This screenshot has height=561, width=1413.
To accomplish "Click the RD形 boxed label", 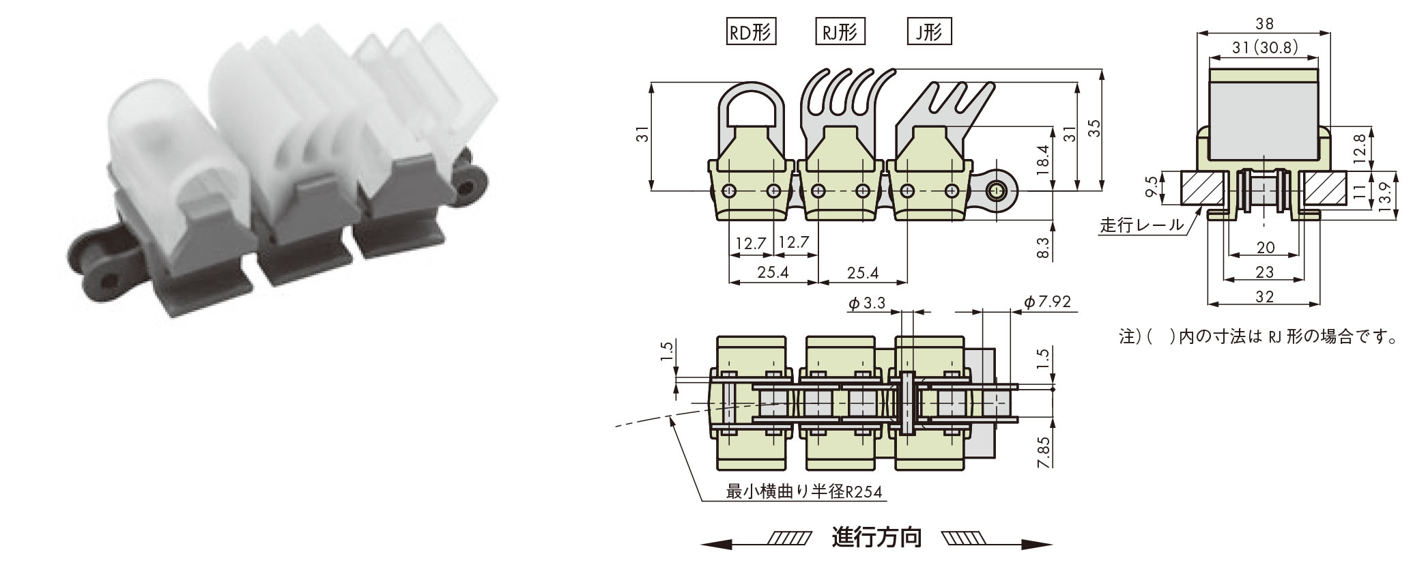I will coord(752,32).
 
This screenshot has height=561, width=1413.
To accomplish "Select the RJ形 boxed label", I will coord(840,32).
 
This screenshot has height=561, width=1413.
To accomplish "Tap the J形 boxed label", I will coord(929,32).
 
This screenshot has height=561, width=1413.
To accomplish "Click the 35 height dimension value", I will coord(1094,129).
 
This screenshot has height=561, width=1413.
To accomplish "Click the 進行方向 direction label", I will coord(876,538).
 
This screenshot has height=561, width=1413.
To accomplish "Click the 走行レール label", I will coord(1141,226).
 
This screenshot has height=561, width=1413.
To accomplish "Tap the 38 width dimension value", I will coord(1264,25).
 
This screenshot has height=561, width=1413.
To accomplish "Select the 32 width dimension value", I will coord(1264,296).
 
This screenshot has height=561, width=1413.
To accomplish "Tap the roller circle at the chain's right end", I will coord(998,190).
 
